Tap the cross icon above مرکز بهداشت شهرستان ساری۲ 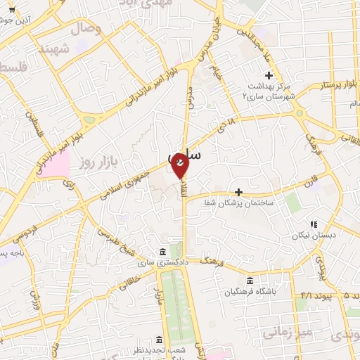coord(268,75)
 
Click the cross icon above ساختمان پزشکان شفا coord(238,192)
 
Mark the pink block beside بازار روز coord(59,165)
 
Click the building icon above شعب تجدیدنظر coord(160,339)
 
